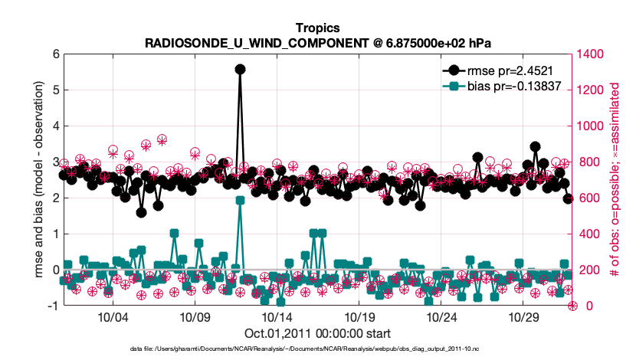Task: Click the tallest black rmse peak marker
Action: pyautogui.click(x=240, y=69)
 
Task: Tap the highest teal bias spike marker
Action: pyautogui.click(x=240, y=200)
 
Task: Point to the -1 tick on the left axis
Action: pyautogui.click(x=53, y=306)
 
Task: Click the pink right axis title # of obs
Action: pyautogui.click(x=613, y=180)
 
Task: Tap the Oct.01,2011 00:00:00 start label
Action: pyautogui.click(x=317, y=332)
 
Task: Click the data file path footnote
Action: pyautogui.click(x=317, y=349)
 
